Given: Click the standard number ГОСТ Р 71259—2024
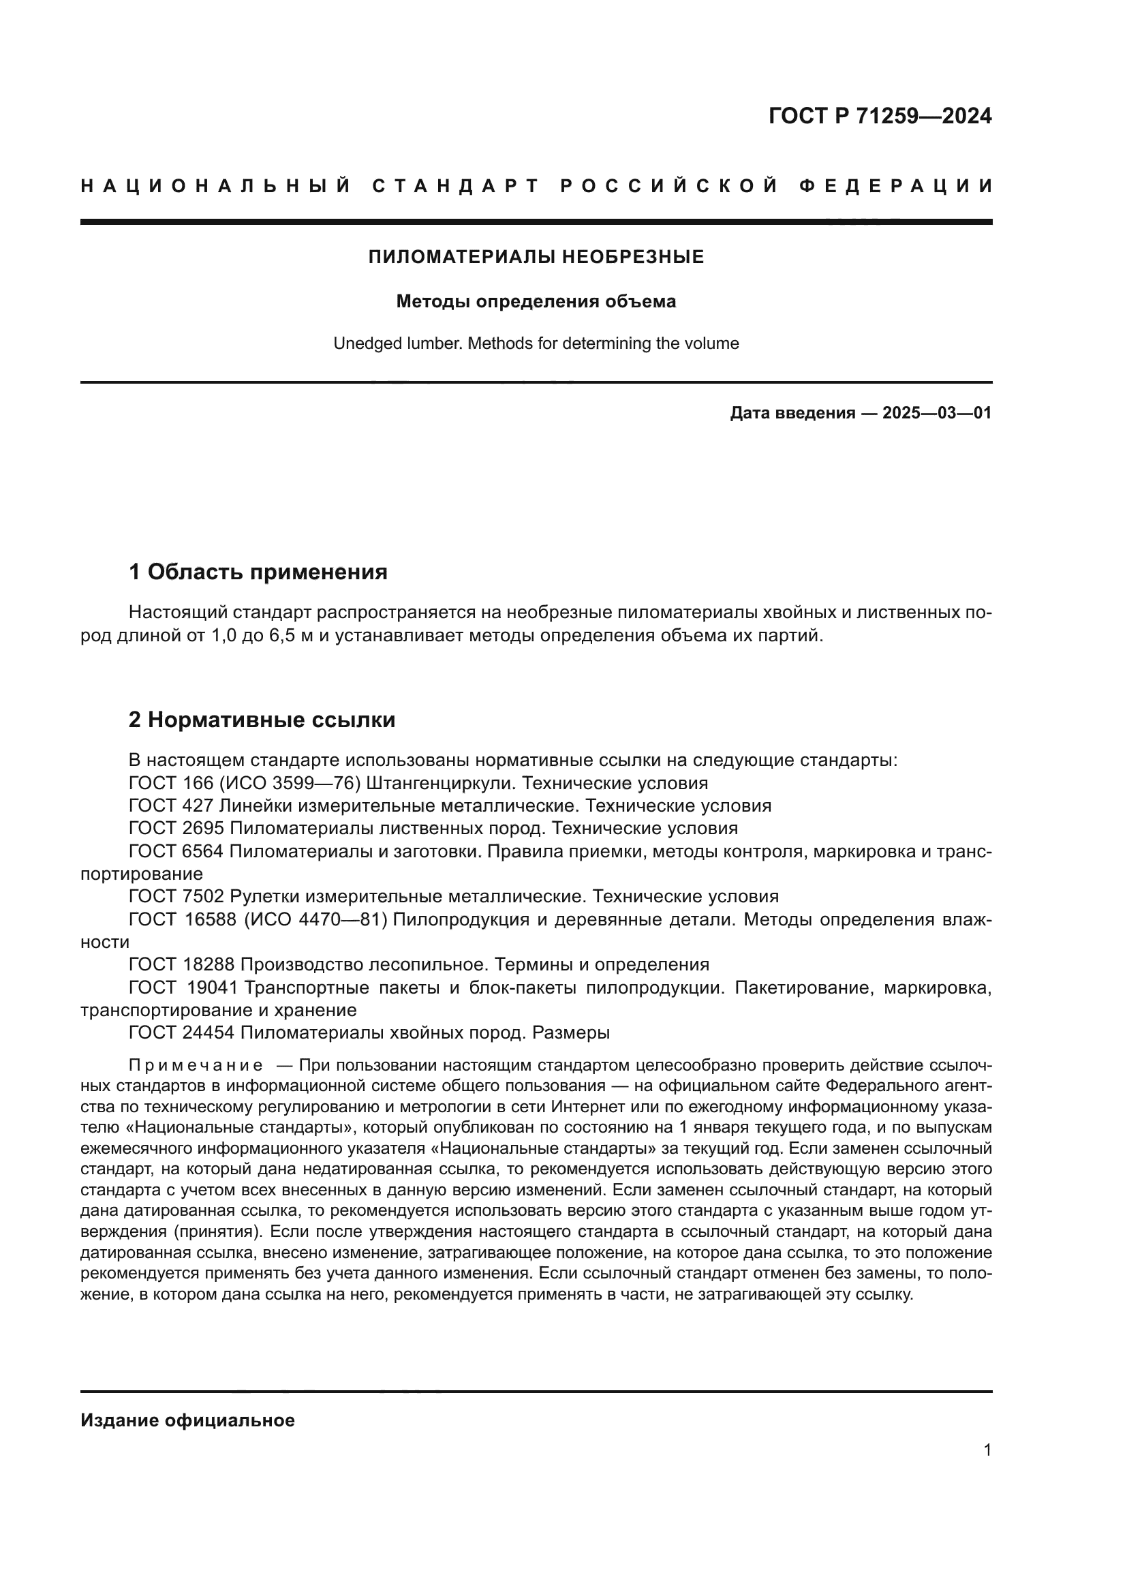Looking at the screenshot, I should coord(880,116).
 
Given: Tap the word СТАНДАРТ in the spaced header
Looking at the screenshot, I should coord(456,186).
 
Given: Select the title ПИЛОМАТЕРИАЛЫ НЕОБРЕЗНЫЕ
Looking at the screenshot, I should coord(536,258).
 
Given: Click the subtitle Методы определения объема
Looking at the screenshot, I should coord(536,302).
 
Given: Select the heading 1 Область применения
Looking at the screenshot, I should coord(258,572).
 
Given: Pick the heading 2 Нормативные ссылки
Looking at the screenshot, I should coord(262,720).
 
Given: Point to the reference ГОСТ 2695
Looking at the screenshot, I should coord(176,828).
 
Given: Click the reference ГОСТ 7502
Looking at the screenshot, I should coord(176,896).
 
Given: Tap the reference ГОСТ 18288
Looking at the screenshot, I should coord(181,964).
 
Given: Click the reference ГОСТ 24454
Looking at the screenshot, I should coord(181,1032).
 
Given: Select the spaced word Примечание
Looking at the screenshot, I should coord(196,1066).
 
